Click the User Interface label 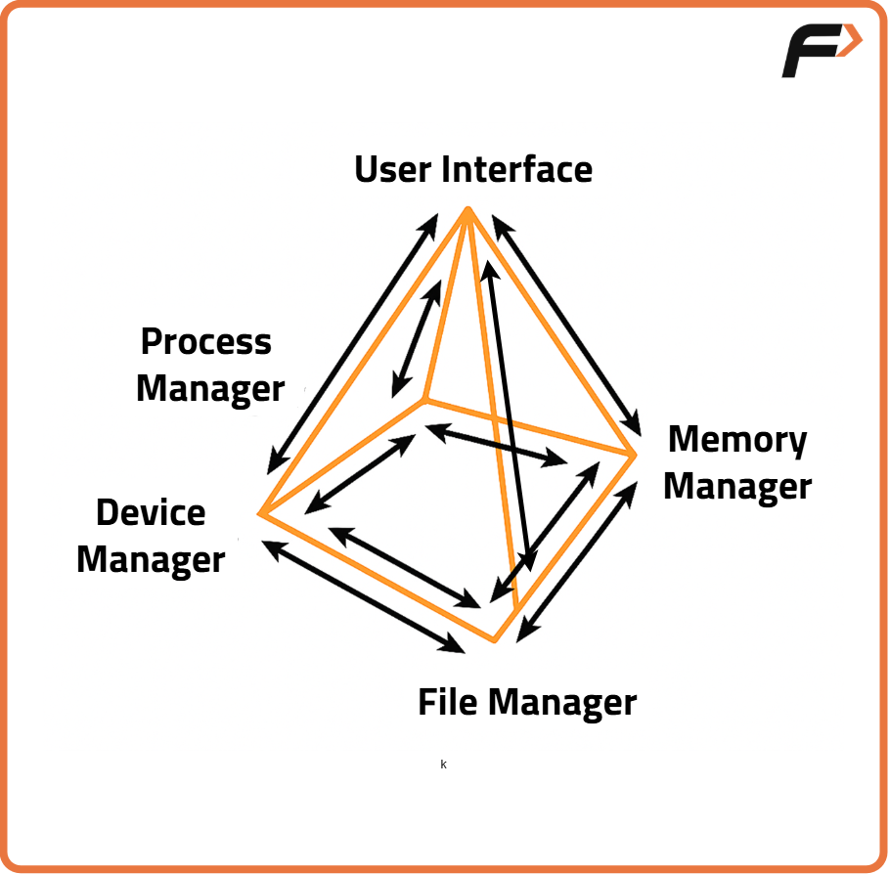(472, 169)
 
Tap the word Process (206, 342)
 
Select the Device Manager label (151, 536)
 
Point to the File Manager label (527, 702)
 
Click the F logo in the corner (820, 51)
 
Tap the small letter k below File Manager (443, 765)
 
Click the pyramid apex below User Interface (469, 210)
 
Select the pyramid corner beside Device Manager (261, 512)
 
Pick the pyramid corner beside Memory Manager (635, 454)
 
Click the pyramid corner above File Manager (496, 640)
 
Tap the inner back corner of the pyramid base (424, 399)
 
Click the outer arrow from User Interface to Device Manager (352, 344)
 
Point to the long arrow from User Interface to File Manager (508, 415)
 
